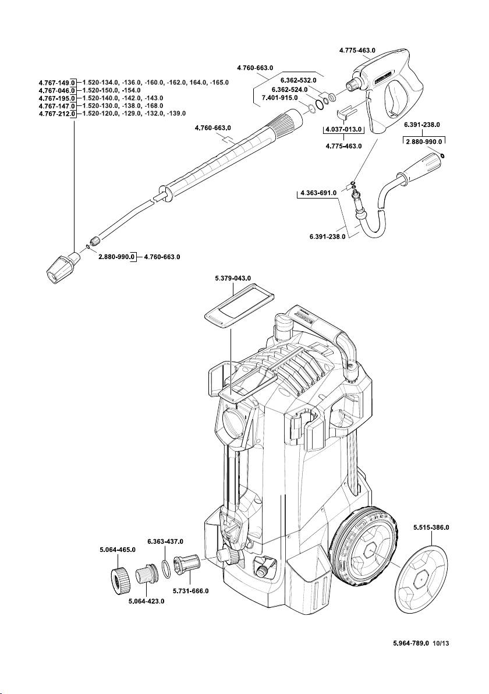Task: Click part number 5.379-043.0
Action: (233, 279)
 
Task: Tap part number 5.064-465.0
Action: (116, 549)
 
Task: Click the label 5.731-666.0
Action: (190, 591)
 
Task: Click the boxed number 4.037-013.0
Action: (343, 129)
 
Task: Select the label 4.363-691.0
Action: (317, 193)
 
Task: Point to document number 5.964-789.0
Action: (409, 644)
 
